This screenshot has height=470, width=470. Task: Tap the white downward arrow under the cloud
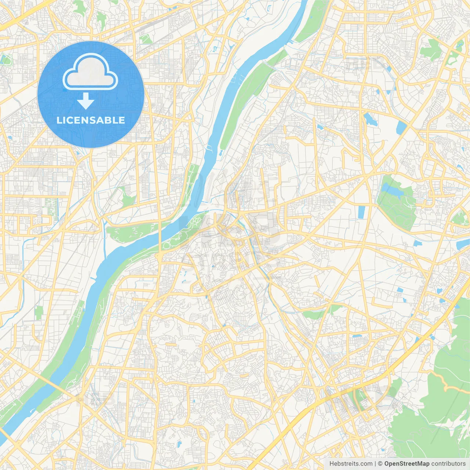click(x=86, y=101)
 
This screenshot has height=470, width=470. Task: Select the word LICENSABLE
click(x=91, y=120)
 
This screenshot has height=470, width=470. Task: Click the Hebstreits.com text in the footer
click(x=351, y=464)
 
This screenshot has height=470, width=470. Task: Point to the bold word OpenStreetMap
click(x=406, y=464)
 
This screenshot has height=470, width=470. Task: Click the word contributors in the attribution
click(x=448, y=464)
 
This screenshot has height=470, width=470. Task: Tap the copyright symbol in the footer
click(x=380, y=464)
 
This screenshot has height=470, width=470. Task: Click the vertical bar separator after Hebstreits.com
click(x=375, y=464)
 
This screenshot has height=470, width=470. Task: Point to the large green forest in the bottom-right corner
click(x=433, y=415)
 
